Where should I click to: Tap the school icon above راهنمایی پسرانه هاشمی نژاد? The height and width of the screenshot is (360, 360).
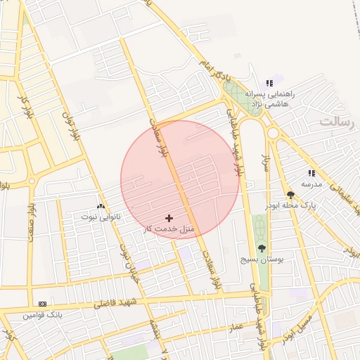click(269, 83)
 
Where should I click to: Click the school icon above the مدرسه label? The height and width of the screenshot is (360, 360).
click(311, 173)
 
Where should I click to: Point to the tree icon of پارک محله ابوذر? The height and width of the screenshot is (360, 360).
click(290, 195)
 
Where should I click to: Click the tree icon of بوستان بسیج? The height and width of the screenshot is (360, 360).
click(262, 248)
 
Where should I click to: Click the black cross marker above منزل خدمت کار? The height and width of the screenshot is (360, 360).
click(169, 218)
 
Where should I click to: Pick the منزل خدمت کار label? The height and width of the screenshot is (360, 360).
click(169, 229)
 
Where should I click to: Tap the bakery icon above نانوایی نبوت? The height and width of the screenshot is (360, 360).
click(101, 207)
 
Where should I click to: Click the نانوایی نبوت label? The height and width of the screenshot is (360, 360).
click(101, 217)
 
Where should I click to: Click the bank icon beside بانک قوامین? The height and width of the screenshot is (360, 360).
click(43, 304)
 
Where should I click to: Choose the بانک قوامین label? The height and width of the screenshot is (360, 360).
click(42, 315)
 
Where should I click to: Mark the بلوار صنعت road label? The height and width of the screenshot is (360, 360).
click(30, 224)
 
